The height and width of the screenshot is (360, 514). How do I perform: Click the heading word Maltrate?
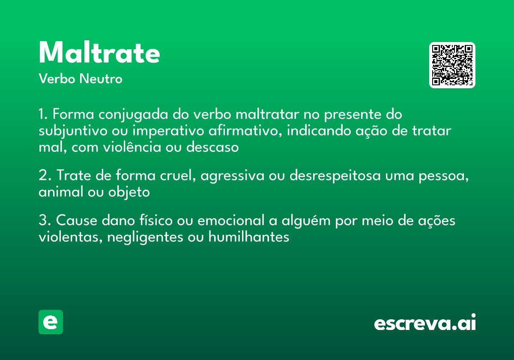99,53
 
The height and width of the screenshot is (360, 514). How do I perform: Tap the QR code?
452,65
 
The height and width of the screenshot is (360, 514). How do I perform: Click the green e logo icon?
51,322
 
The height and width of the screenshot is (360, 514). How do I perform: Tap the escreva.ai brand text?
425,323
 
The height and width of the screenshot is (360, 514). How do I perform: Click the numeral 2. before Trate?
45,176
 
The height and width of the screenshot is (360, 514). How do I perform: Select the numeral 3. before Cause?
45,221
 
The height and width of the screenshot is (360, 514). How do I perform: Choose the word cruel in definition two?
176,176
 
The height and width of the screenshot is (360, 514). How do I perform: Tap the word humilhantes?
249,237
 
